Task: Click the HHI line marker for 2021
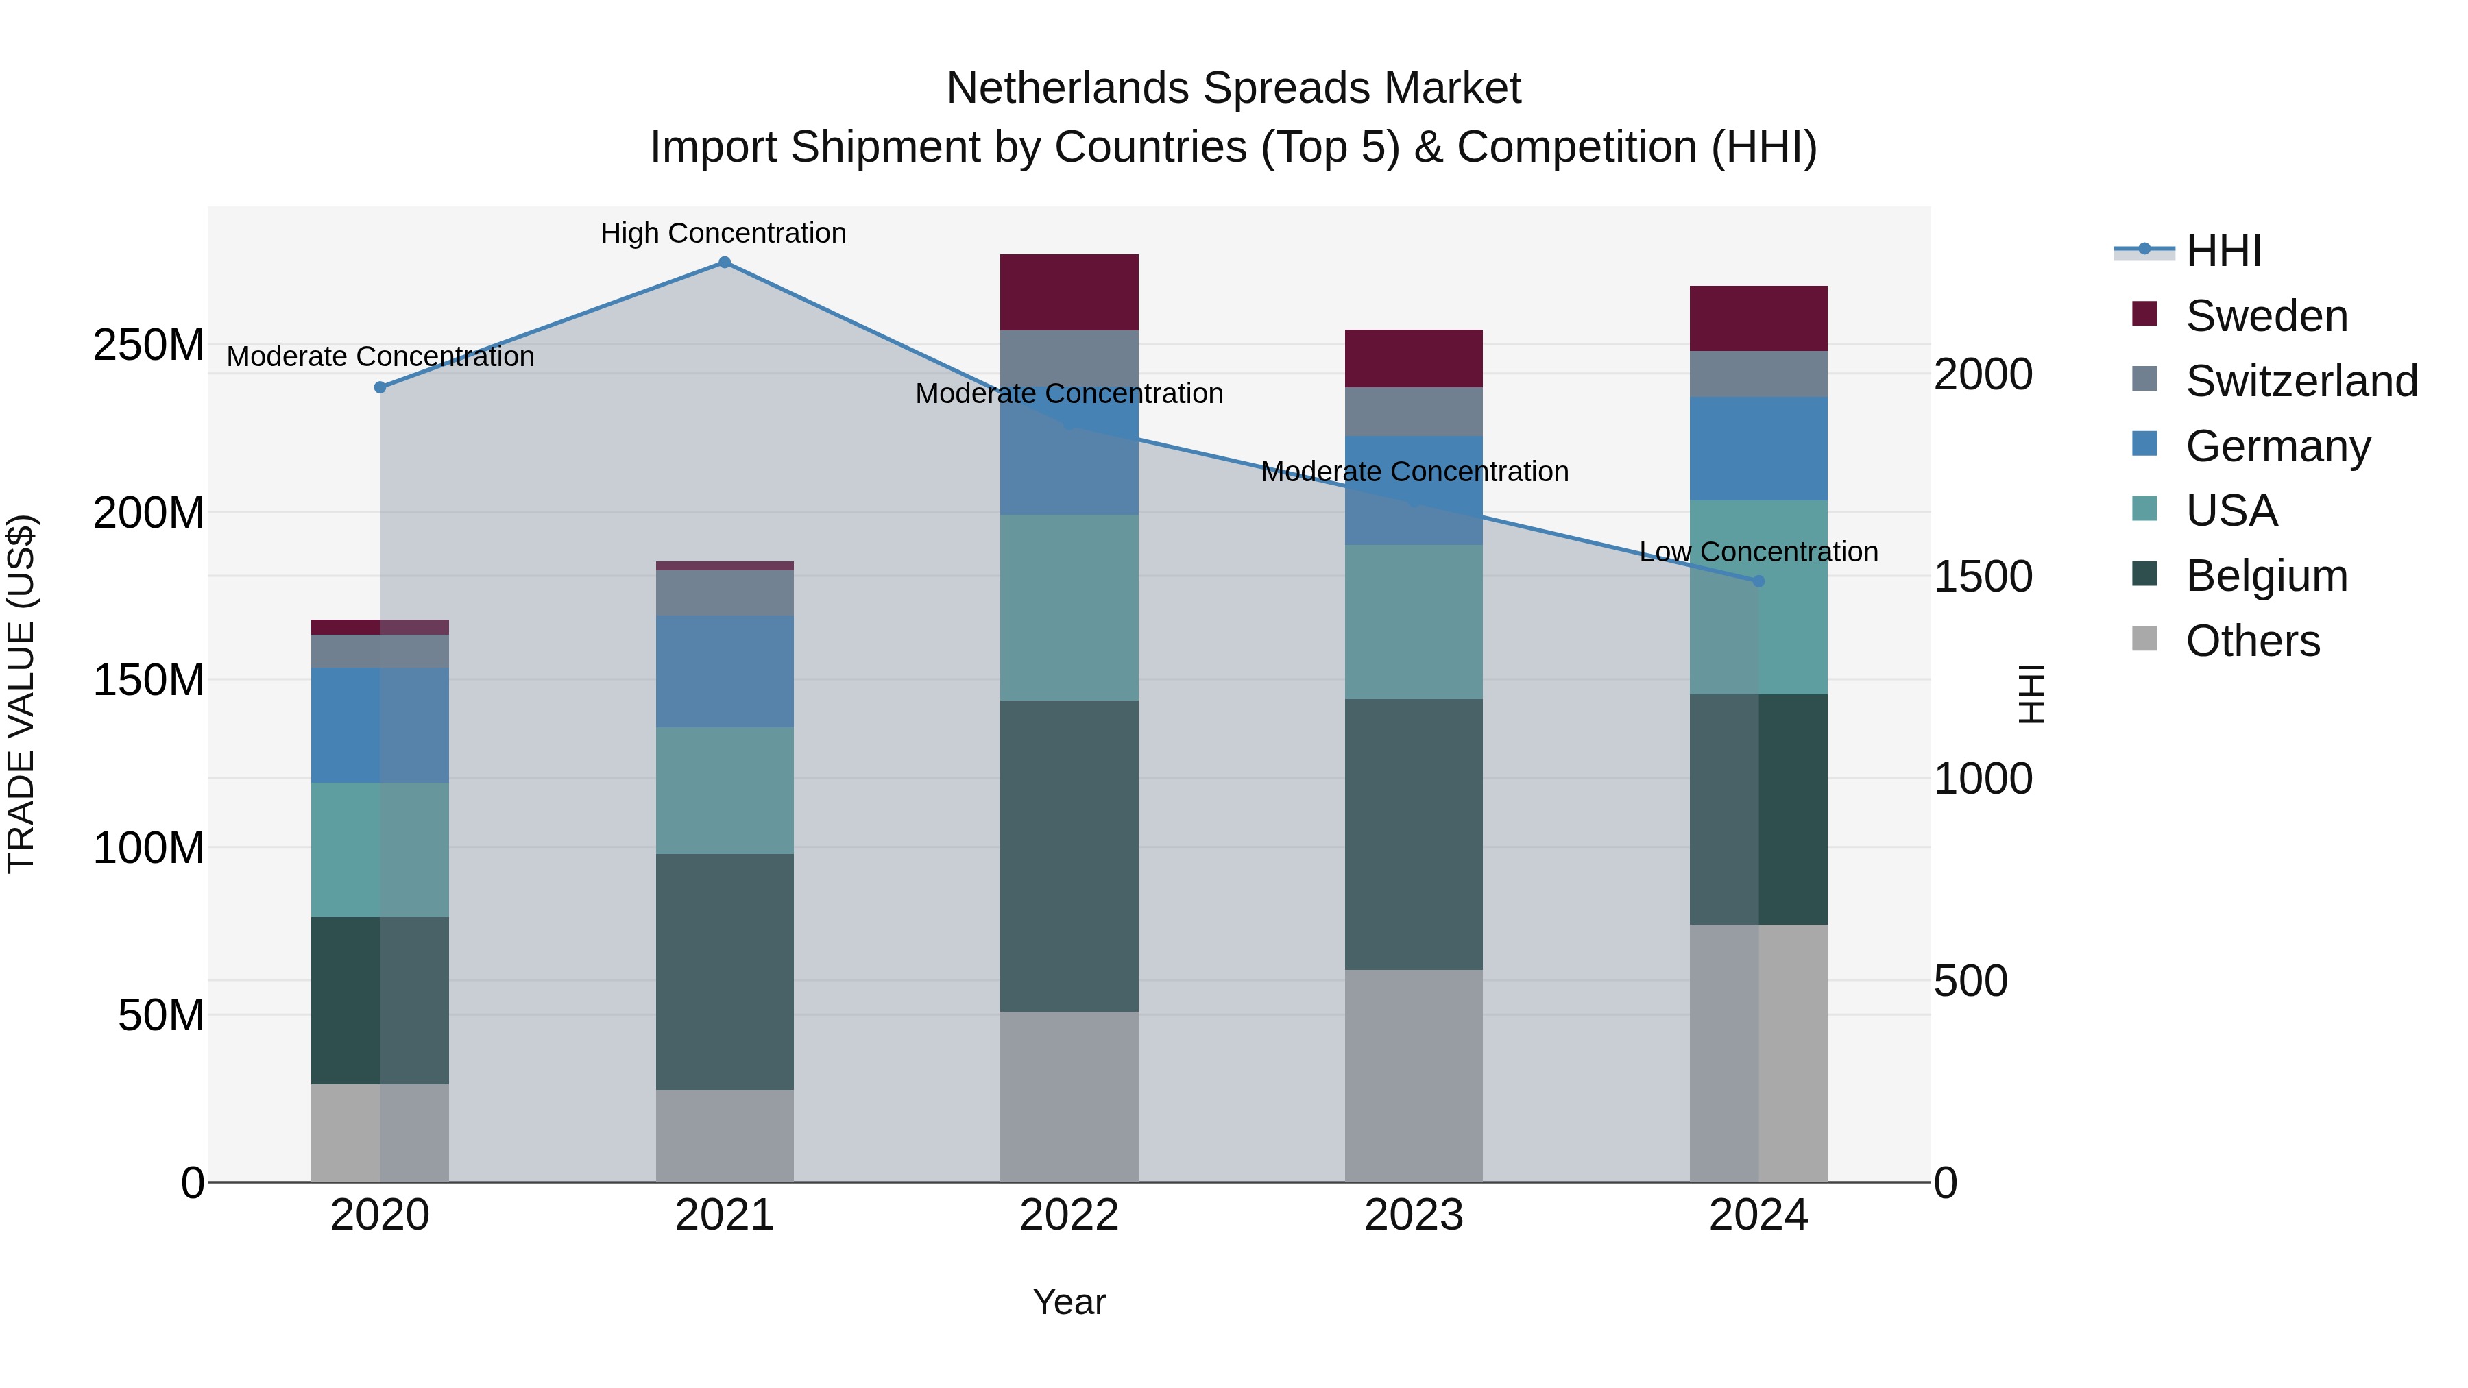point(725,263)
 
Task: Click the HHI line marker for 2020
point(380,387)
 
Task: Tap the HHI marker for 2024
point(1758,581)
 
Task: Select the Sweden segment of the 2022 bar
point(1069,292)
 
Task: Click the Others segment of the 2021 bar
point(725,1135)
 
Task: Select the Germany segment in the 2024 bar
point(1758,448)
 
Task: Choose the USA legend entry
point(2230,511)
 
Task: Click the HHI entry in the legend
point(2223,251)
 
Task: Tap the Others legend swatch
point(2144,639)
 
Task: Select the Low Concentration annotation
point(1758,552)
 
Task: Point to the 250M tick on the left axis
point(149,345)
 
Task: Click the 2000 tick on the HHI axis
point(1982,374)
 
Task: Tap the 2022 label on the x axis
point(1069,1215)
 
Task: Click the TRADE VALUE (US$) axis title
point(22,694)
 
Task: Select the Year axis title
point(1069,1302)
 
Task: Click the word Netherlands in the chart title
point(1067,88)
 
